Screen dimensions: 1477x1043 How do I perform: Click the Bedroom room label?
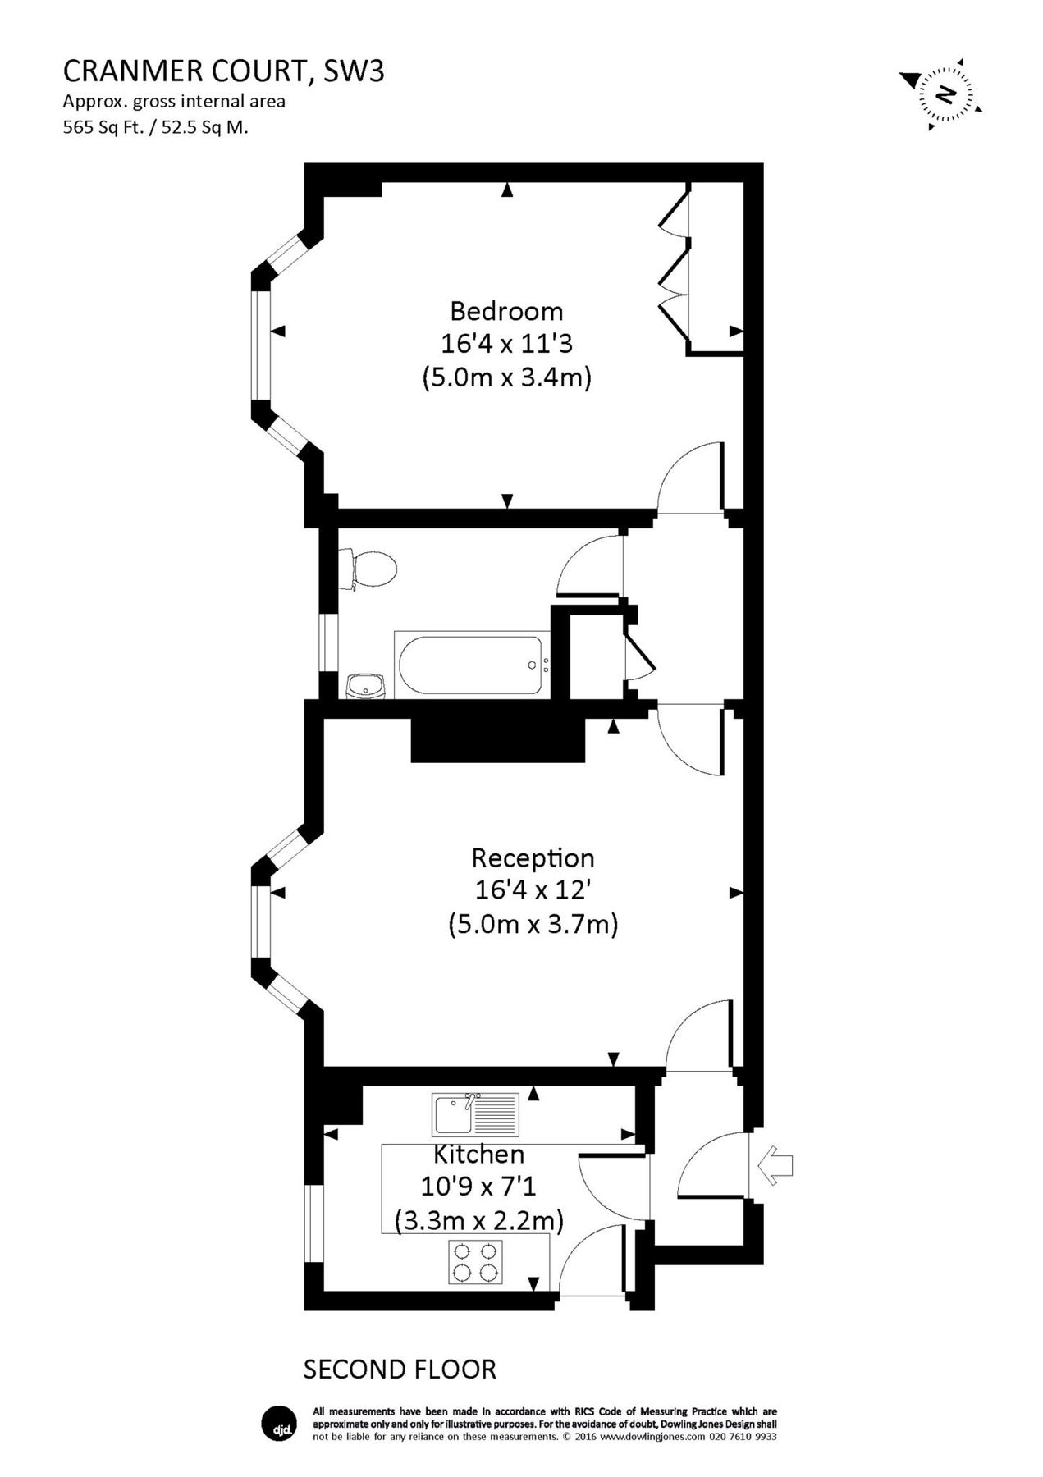pos(506,311)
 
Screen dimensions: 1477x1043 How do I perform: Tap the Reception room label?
pos(533,858)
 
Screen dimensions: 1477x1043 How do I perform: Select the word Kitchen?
pos(478,1155)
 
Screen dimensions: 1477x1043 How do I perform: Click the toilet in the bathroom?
pos(372,569)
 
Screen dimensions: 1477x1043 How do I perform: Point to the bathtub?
pos(472,665)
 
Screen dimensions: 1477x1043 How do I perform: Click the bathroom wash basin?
pos(365,685)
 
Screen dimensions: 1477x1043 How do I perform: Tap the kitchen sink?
pos(475,1115)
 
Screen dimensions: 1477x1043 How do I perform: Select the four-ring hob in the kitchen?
pos(475,1262)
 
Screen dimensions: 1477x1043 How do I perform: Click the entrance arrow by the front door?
pos(775,1165)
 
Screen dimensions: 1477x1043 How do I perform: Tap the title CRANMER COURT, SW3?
pos(223,72)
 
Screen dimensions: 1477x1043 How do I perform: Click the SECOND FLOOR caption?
pos(400,1370)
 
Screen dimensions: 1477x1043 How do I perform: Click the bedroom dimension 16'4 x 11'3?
pos(506,344)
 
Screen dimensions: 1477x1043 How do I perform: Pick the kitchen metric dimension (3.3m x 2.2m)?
pos(478,1221)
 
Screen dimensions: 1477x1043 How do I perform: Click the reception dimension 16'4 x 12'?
pos(533,891)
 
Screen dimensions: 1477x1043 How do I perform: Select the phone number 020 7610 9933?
pos(743,1436)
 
